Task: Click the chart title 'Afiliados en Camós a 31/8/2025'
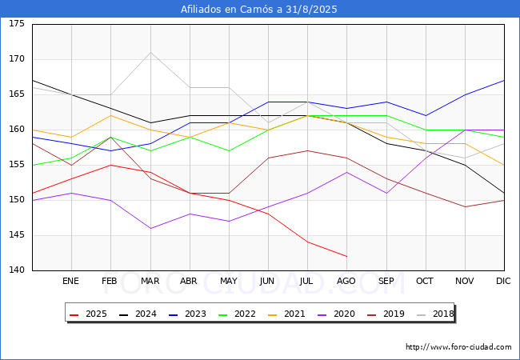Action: [x=259, y=10]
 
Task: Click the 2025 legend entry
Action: [x=89, y=314]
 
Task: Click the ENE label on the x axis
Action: [x=71, y=282]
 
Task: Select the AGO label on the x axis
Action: [x=346, y=282]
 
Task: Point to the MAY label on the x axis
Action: [x=229, y=282]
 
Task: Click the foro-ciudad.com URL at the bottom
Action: [x=458, y=347]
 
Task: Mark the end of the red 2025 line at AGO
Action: [x=346, y=257]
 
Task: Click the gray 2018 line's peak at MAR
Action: [x=150, y=52]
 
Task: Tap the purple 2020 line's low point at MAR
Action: [x=150, y=228]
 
